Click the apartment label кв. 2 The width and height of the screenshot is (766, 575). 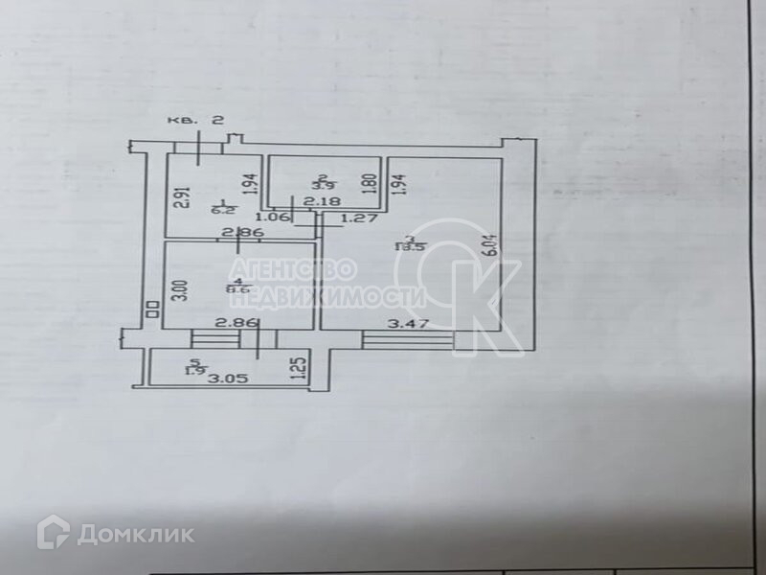click(195, 120)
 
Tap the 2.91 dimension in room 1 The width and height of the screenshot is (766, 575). click(179, 195)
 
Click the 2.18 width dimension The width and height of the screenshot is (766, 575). click(315, 202)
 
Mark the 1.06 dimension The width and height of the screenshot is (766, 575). click(274, 216)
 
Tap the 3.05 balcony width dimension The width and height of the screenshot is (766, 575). click(229, 379)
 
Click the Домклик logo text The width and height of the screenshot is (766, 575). click(134, 534)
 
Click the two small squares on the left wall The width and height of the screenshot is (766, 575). click(151, 309)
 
